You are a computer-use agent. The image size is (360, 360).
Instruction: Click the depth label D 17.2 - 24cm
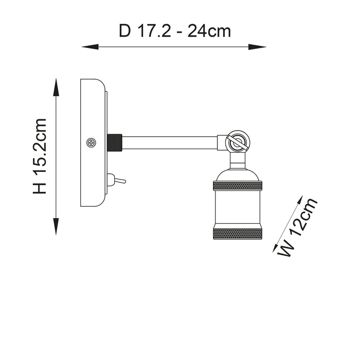(175, 31)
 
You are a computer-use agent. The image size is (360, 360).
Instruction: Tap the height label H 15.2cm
(39, 156)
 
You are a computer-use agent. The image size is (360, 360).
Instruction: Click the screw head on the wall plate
(92, 142)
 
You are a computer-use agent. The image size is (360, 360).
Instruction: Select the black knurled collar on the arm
(114, 142)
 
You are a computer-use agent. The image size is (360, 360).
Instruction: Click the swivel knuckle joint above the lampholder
(237, 141)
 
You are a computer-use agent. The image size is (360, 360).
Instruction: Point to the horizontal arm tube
(170, 142)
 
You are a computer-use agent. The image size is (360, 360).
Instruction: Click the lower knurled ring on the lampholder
(238, 232)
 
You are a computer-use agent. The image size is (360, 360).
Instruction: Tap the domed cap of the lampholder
(238, 172)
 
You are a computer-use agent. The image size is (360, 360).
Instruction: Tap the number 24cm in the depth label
(208, 31)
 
